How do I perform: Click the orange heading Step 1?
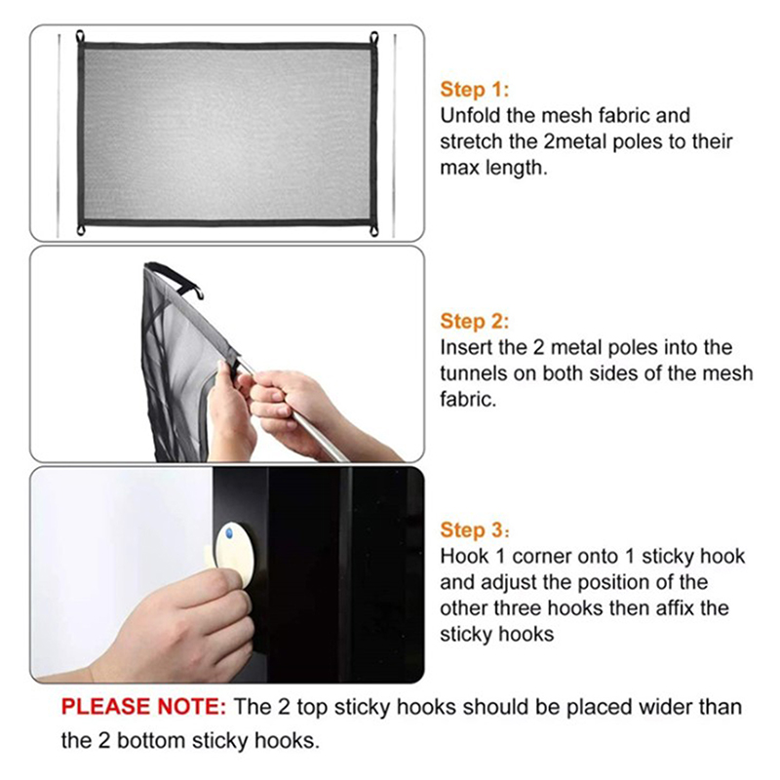[x=475, y=90]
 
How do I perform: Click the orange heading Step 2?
[x=475, y=322]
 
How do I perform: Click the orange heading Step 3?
[x=475, y=530]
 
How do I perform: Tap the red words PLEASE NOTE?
[x=143, y=707]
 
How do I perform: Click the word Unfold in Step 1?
[x=470, y=115]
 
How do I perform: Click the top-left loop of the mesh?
[x=81, y=37]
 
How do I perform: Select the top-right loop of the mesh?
[x=374, y=38]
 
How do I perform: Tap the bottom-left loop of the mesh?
[x=81, y=230]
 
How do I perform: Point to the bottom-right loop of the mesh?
[x=374, y=230]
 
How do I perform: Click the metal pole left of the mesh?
[x=58, y=136]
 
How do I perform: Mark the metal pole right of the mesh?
[x=395, y=136]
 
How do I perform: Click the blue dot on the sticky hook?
[x=229, y=533]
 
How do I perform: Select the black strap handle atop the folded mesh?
[x=176, y=279]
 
